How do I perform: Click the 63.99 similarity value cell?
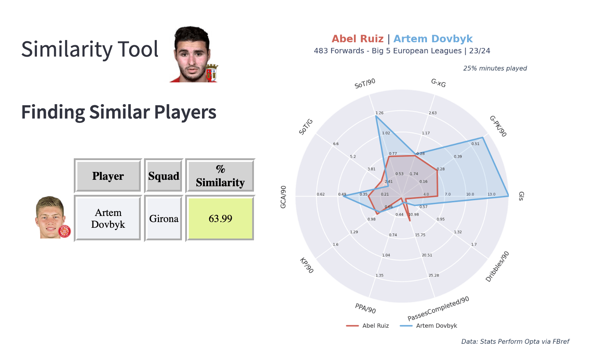220,218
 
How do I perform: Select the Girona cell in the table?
164,218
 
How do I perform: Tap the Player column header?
108,176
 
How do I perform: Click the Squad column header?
164,176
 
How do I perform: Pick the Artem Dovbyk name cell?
108,218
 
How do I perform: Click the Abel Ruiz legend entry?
367,326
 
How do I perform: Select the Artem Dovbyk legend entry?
428,326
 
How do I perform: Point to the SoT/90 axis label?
365,83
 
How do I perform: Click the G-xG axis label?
438,83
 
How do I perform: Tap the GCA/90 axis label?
283,197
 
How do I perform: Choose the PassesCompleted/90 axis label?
438,308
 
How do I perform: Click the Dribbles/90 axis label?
497,266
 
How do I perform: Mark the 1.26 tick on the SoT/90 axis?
379,113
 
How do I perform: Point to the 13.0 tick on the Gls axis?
491,194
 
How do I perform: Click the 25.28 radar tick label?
434,275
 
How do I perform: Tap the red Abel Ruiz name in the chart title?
357,39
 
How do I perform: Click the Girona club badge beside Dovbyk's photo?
64,231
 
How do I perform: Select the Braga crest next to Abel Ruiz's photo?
212,72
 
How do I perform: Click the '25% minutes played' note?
495,68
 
